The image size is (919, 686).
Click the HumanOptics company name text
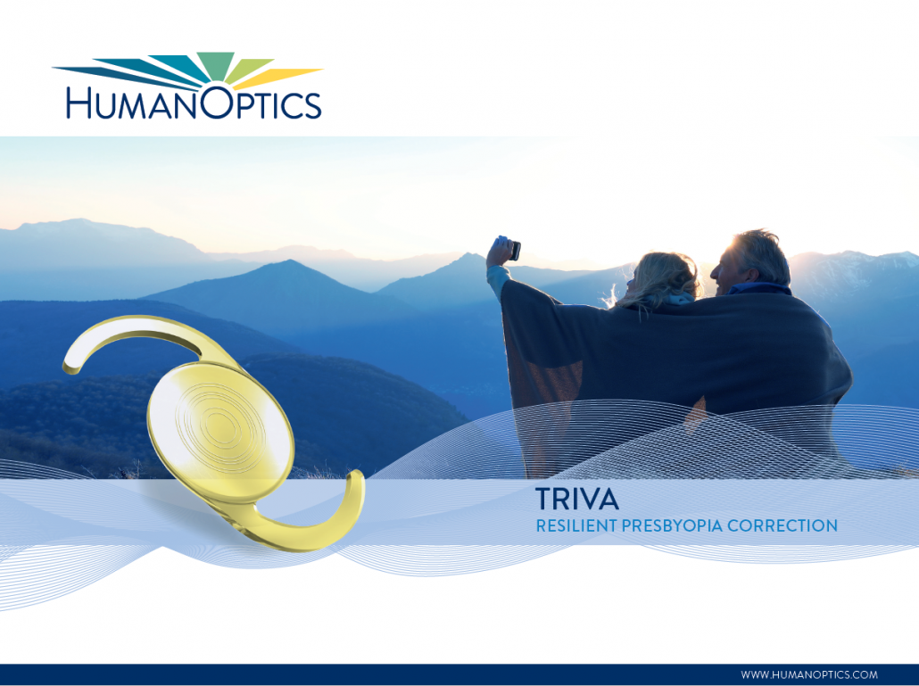194,103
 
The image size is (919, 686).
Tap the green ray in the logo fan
214,64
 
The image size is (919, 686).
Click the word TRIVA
577,500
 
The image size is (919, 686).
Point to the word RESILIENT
576,526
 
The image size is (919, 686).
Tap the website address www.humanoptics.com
809,675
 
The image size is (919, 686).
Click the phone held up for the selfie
515,250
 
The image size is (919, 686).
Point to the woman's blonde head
662,279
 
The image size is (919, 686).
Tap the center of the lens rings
220,426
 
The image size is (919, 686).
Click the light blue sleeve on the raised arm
497,281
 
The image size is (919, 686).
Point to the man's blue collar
759,289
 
